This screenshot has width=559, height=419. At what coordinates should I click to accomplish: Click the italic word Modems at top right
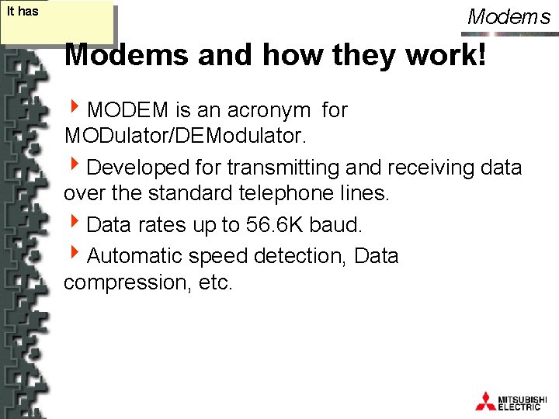[509, 16]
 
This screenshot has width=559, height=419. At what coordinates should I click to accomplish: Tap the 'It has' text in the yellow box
[23, 12]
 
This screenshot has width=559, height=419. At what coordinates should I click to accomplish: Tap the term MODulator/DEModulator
[186, 137]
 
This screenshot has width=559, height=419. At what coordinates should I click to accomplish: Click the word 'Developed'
[138, 167]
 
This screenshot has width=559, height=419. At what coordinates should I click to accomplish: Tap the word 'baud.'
[335, 225]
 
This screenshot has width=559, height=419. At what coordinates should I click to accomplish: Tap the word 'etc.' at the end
[215, 282]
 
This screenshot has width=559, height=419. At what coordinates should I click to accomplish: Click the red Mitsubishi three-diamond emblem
[485, 400]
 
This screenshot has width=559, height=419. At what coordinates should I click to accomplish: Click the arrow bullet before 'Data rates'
[75, 224]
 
